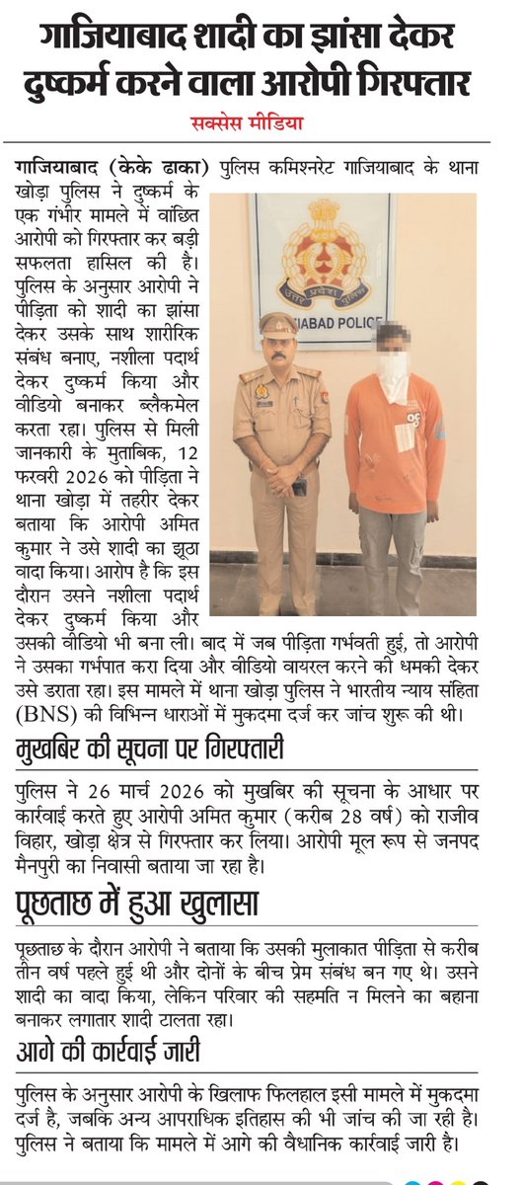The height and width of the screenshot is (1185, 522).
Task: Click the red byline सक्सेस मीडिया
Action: (260, 124)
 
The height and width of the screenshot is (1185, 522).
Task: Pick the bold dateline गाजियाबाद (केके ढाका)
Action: (113, 160)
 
